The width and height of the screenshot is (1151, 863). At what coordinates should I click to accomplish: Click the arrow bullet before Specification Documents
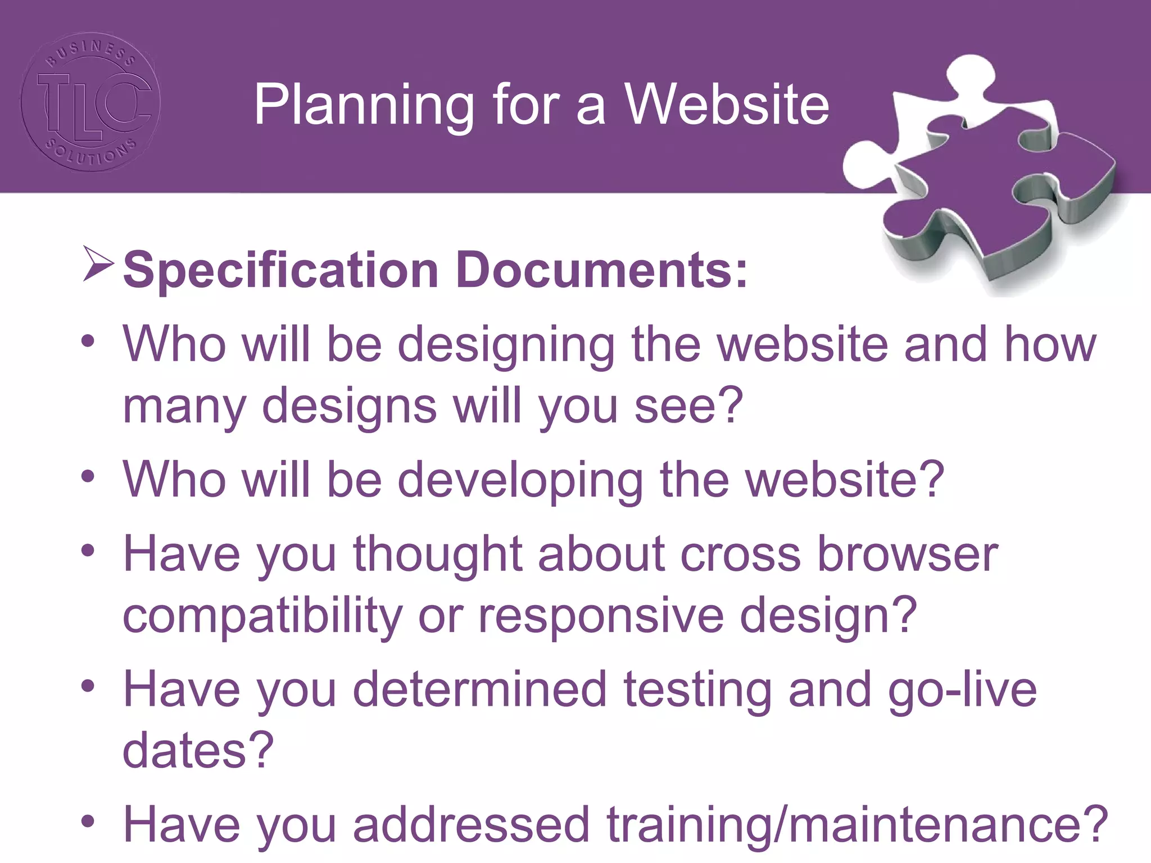click(x=98, y=264)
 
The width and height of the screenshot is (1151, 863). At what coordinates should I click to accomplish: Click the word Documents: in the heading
click(x=601, y=270)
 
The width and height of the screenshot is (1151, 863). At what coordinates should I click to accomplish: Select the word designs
click(x=349, y=406)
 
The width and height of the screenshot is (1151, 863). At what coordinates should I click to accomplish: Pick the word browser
click(x=907, y=554)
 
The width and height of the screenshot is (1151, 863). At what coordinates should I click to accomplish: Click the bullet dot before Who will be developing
click(x=88, y=477)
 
